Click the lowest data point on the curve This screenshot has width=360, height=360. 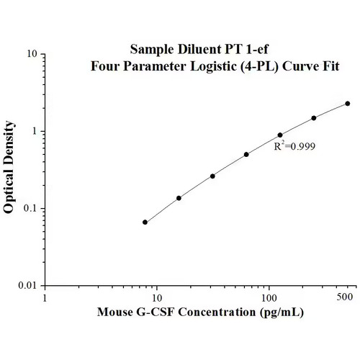[x=145, y=222]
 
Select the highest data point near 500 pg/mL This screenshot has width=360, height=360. [x=348, y=104]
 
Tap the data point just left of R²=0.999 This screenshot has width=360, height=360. [x=280, y=135]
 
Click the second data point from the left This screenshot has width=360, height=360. [x=179, y=198]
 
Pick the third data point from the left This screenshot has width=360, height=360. [x=212, y=176]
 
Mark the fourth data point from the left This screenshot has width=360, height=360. [x=246, y=154]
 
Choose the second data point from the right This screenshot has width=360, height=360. [x=314, y=118]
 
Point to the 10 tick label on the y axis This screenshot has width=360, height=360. [x=32, y=54]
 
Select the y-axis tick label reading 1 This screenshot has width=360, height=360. [x=35, y=132]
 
